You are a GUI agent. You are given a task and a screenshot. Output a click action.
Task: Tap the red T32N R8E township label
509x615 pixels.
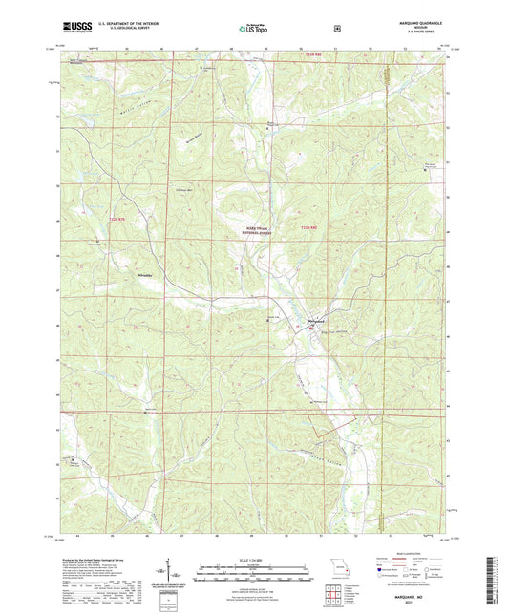(306, 226)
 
